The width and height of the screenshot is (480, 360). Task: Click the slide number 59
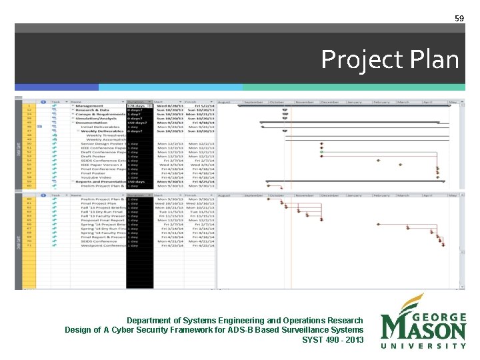point(459,18)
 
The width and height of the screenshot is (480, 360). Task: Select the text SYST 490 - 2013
point(333,340)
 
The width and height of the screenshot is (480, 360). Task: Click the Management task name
point(89,106)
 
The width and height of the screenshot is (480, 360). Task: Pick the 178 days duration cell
point(139,106)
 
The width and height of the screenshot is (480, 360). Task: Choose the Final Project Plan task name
point(99,204)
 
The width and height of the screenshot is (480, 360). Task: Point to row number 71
point(29,245)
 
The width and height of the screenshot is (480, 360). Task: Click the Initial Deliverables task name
point(99,127)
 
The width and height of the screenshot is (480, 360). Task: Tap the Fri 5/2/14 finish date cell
point(204,106)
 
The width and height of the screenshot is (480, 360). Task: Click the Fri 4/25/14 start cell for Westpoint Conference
point(168,245)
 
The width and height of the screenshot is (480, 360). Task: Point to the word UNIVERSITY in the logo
point(423,346)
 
